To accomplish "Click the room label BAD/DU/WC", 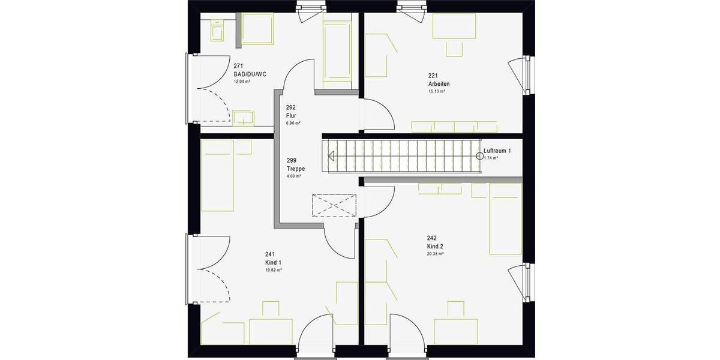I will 250,74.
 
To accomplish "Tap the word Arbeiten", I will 439,84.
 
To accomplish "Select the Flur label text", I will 292,115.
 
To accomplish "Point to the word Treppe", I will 296,169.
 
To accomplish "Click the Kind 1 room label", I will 273,263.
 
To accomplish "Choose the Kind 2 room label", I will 435,247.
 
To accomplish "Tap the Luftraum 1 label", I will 497,151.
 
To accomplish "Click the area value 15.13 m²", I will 436,92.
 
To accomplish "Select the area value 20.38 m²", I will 435,254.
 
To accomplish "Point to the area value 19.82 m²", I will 273,271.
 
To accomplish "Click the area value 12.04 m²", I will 242,81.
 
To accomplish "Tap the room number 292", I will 292,108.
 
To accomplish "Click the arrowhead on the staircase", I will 331,156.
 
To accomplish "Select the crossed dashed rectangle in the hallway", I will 333,206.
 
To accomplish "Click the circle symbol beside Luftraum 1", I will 479,156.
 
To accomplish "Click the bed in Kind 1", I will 217,176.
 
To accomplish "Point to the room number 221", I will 433,76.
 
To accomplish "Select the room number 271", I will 238,66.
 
